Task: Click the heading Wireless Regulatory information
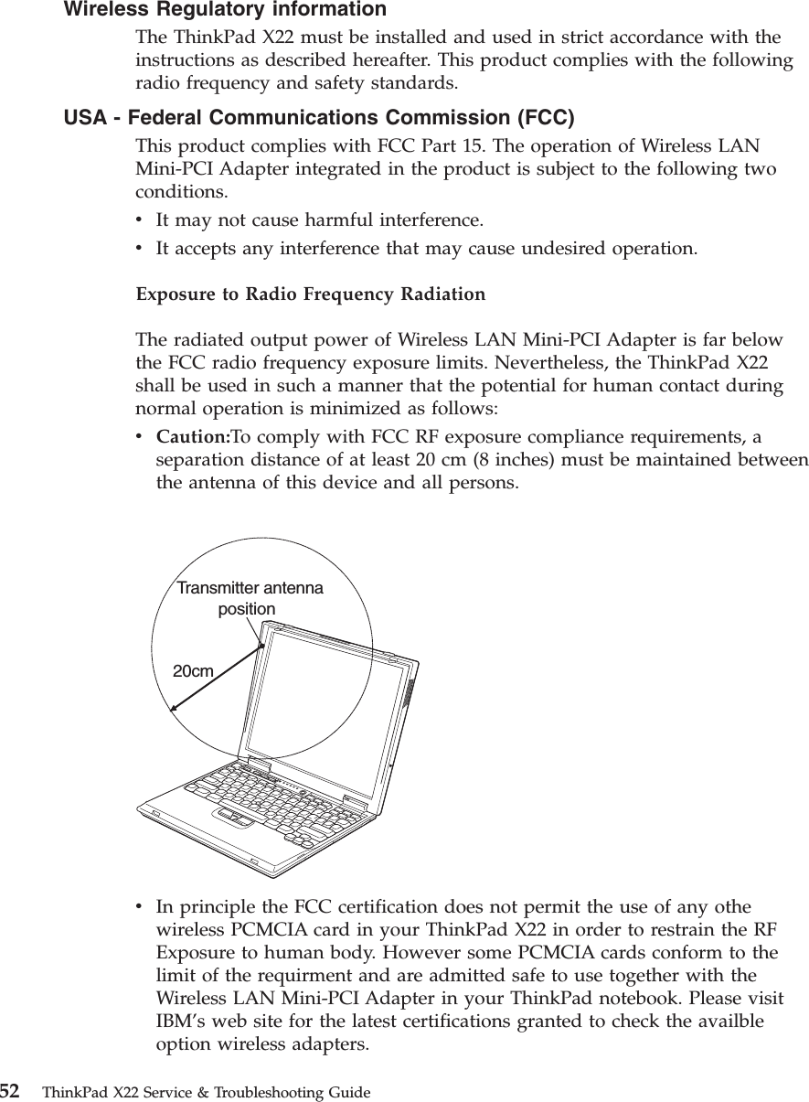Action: [224, 10]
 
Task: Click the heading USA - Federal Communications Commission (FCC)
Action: [319, 118]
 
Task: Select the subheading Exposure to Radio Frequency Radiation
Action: [311, 295]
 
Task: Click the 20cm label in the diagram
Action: [193, 672]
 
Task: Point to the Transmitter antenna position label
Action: [249, 597]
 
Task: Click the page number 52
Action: [10, 1091]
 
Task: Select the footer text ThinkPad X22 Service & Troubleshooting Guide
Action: [207, 1093]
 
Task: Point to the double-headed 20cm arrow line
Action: [217, 677]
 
